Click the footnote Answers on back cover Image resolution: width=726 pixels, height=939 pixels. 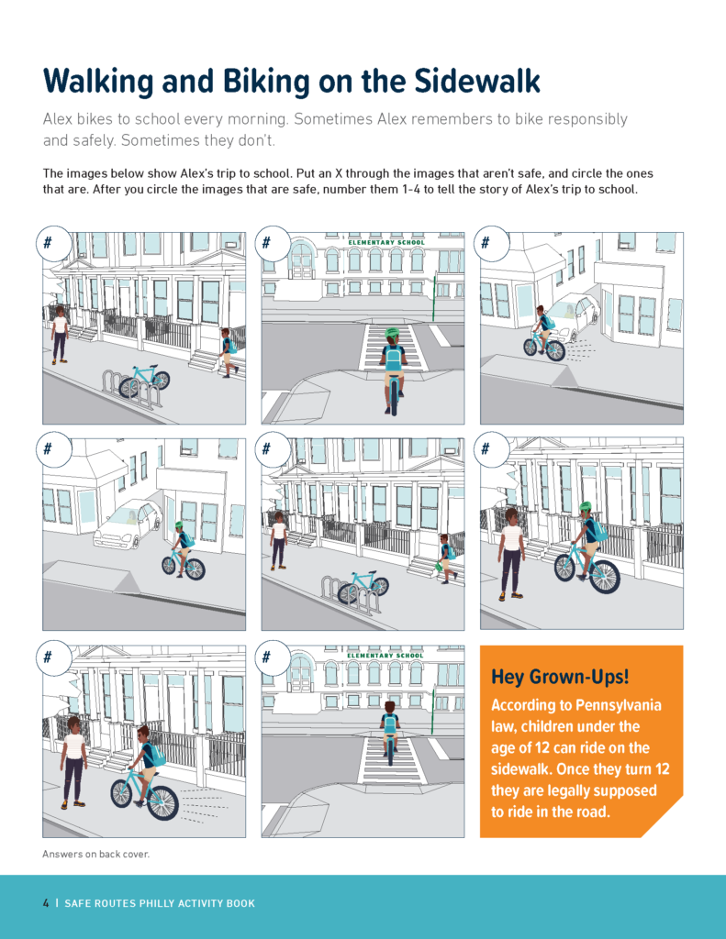[x=95, y=854]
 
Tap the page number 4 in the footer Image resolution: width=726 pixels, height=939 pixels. [x=46, y=903]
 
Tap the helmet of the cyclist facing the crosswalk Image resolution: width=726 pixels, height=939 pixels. [x=393, y=334]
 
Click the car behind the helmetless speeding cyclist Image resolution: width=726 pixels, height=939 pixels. [x=575, y=317]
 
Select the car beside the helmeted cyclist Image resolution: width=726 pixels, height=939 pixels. [x=128, y=524]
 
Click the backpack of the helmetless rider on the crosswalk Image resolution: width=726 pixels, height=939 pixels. [x=390, y=724]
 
